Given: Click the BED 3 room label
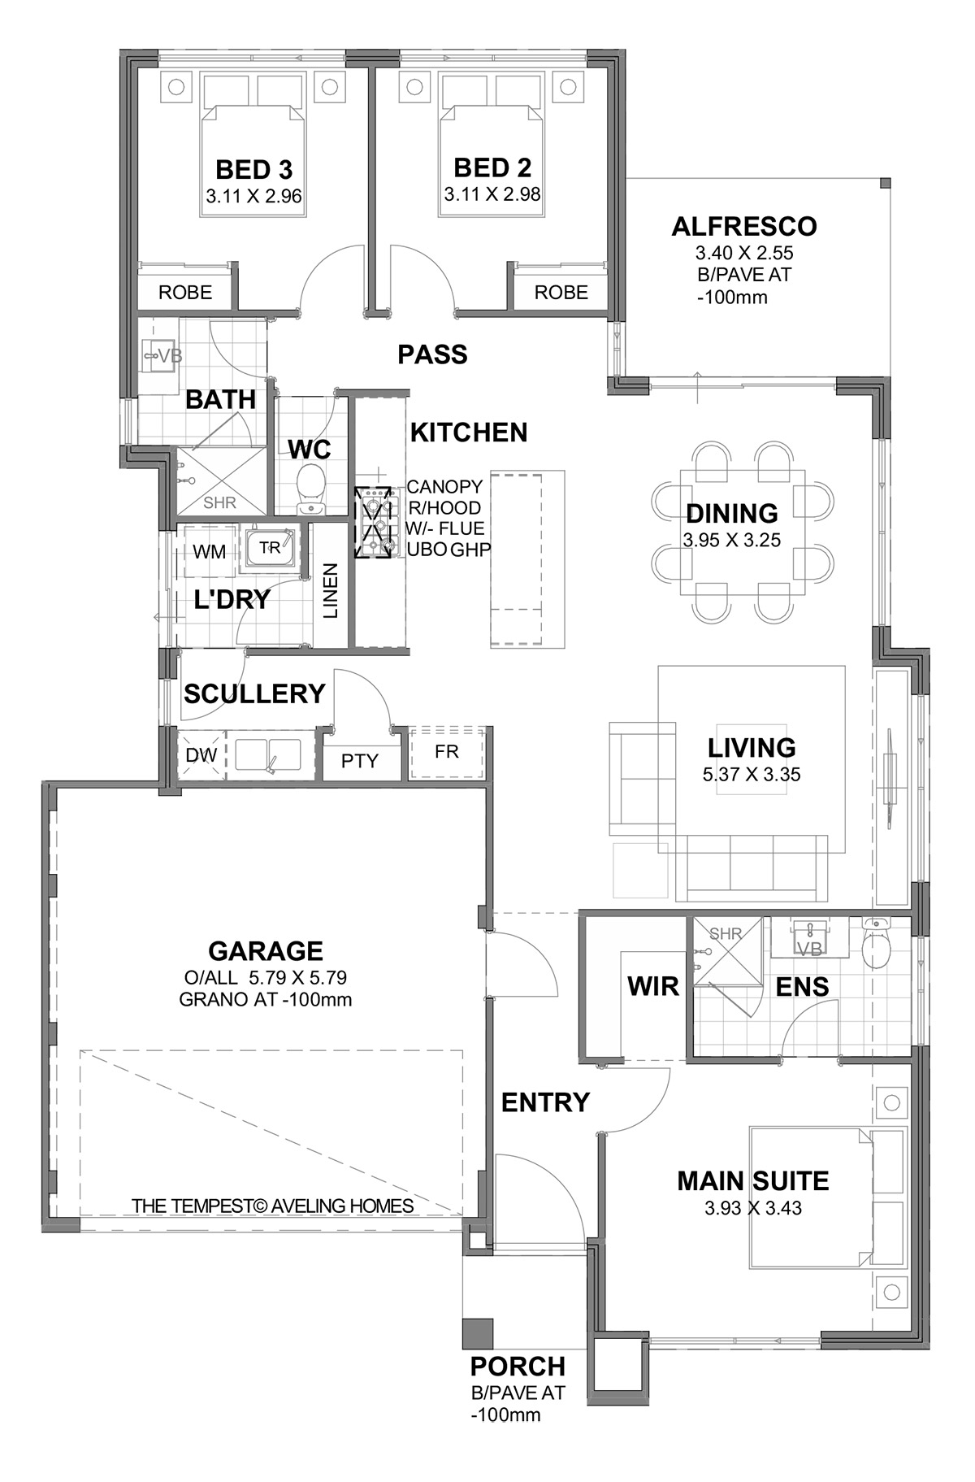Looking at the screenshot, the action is [254, 170].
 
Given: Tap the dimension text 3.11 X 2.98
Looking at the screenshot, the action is [492, 195].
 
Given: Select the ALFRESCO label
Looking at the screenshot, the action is [744, 226].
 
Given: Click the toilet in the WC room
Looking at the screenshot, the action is [310, 489].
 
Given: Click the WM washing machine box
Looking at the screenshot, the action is [210, 551].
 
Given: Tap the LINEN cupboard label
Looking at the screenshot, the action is [331, 591].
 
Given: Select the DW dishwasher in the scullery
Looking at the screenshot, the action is [201, 755].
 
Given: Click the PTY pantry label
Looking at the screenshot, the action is [360, 761].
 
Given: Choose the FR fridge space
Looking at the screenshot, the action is [447, 752].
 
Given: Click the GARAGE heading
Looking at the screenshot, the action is [266, 950].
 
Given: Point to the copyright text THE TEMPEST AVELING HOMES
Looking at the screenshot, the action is [273, 1206].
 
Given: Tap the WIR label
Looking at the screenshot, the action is [652, 986].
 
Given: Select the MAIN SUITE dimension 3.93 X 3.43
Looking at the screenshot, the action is [753, 1208].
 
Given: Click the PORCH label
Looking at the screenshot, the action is [518, 1366].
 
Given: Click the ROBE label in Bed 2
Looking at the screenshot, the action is [561, 293].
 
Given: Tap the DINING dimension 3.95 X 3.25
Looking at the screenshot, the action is [732, 540].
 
